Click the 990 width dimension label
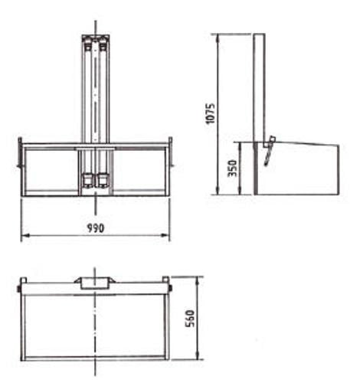[x=96, y=228]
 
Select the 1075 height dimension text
[x=211, y=113]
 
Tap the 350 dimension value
[x=233, y=168]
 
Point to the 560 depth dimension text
[x=190, y=318]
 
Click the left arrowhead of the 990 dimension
[x=25, y=235]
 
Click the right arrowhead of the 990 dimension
[x=166, y=235]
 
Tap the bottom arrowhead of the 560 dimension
[x=198, y=355]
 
